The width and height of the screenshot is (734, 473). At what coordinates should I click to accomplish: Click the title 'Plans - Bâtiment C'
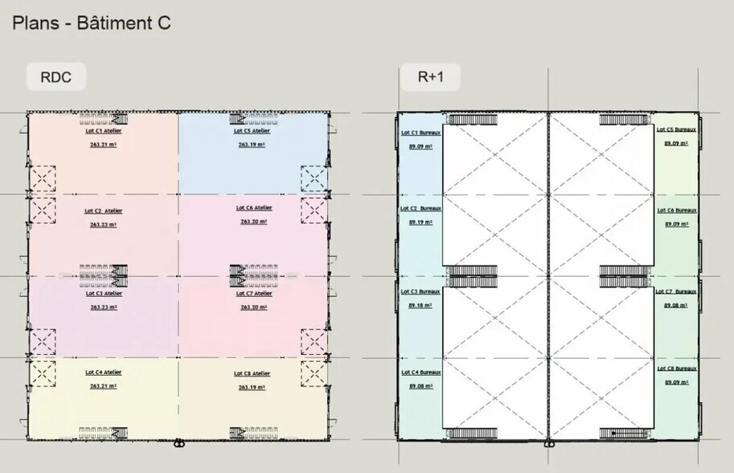click(x=91, y=23)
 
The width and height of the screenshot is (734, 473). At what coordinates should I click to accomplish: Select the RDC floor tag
click(x=52, y=77)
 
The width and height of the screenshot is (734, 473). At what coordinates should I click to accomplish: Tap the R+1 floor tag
click(x=430, y=77)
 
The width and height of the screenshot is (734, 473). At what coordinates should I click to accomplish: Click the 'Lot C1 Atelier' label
click(x=104, y=130)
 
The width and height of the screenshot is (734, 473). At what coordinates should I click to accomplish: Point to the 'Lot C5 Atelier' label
click(x=252, y=130)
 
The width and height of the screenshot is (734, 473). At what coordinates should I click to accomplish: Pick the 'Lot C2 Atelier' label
click(x=104, y=211)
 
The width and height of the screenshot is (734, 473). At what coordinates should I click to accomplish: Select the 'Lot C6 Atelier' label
click(x=254, y=208)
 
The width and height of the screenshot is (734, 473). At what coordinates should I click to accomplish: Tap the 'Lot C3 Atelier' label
click(x=104, y=294)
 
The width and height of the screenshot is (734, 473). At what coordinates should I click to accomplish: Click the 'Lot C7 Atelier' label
click(x=254, y=294)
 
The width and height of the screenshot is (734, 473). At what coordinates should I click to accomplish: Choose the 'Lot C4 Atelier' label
click(x=104, y=372)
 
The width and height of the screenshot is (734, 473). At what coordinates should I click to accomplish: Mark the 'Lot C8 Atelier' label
click(x=252, y=373)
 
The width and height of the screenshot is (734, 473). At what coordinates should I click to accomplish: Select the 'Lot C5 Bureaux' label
click(x=676, y=129)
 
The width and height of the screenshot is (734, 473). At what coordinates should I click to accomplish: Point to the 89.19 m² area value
click(x=420, y=221)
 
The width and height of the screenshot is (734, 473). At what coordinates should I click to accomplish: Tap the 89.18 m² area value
click(x=420, y=306)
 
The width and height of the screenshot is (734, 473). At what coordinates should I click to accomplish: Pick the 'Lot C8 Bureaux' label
click(x=676, y=368)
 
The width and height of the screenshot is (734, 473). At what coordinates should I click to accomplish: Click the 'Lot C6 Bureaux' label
click(x=676, y=211)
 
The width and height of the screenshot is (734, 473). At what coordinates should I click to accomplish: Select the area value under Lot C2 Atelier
click(x=104, y=224)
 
